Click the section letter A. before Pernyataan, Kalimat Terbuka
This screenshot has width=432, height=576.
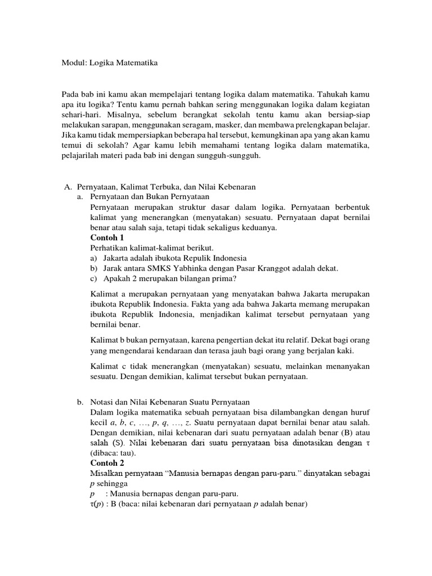pyautogui.click(x=65, y=186)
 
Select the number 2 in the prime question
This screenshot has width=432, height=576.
pyautogui.click(x=129, y=278)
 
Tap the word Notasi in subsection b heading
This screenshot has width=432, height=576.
pyautogui.click(x=102, y=402)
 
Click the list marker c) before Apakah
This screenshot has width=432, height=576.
pyautogui.click(x=93, y=278)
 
